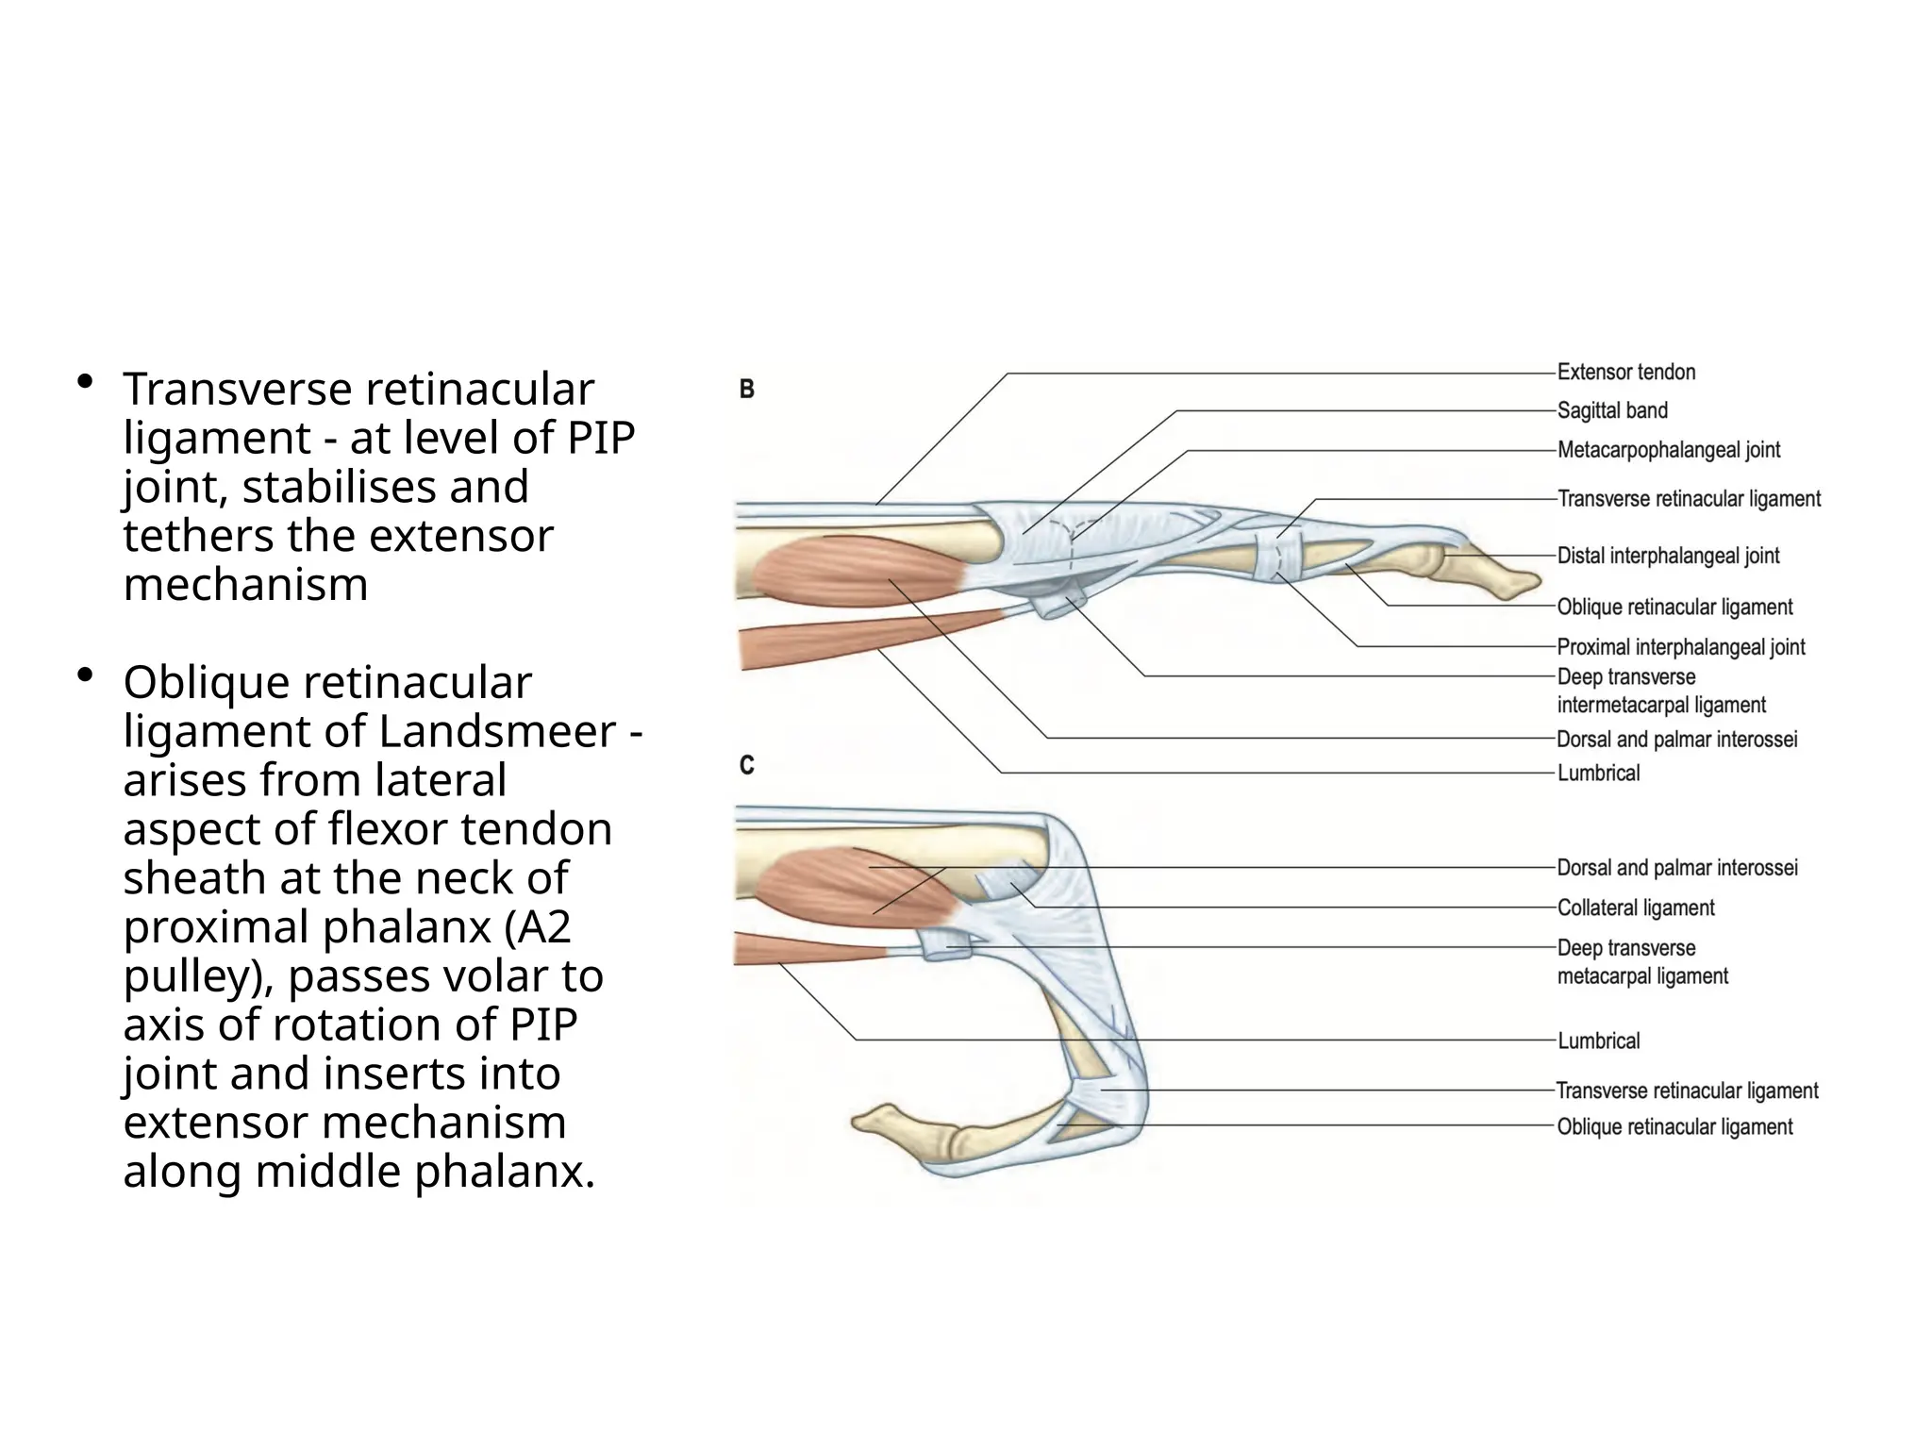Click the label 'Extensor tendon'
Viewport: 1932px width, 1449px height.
1625,373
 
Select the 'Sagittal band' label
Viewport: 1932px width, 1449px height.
1612,411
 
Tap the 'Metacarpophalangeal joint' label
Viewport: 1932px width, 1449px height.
1668,451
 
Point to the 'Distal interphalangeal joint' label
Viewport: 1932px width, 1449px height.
1668,557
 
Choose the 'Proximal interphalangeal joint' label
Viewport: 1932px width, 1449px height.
1680,648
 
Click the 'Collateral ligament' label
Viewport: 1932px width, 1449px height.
1635,908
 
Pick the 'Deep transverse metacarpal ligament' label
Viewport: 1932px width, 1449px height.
1641,962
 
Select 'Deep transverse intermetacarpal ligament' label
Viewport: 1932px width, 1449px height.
1660,691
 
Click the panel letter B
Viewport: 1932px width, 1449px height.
746,390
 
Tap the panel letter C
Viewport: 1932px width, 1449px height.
746,765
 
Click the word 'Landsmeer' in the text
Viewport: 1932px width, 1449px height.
497,732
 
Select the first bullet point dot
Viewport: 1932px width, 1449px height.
85,381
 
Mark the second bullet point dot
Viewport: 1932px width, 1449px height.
85,675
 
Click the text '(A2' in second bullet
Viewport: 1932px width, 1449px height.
537,927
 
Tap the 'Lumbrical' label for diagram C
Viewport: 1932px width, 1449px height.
1598,1041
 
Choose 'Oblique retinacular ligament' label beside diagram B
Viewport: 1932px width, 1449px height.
1674,608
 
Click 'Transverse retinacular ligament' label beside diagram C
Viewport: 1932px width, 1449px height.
1687,1091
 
